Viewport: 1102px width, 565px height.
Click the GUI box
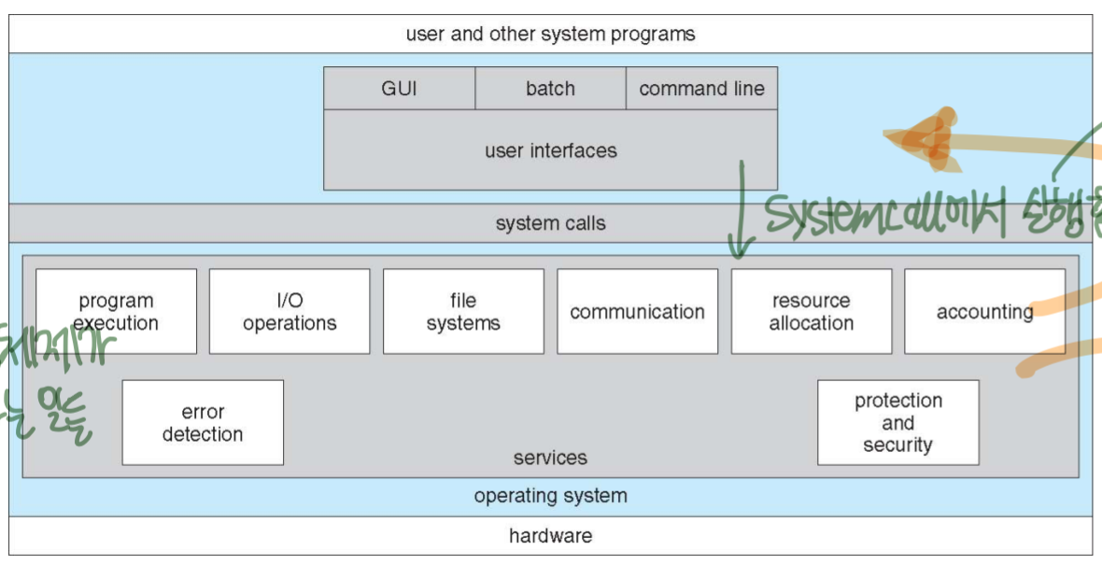(x=399, y=89)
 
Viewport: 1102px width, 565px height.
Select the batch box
(x=550, y=89)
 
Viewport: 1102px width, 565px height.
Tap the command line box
(x=701, y=89)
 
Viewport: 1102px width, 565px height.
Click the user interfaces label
(x=550, y=150)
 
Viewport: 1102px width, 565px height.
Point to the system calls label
(x=550, y=223)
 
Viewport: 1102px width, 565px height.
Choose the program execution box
(x=116, y=312)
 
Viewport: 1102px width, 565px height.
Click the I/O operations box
(x=290, y=312)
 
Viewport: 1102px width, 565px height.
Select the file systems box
(x=463, y=312)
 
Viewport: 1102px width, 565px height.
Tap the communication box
(x=637, y=312)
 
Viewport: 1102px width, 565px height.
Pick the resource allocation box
(x=811, y=312)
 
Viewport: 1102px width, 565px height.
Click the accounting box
(x=984, y=312)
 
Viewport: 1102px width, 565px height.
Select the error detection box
(x=203, y=423)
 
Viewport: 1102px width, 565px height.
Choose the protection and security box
(x=897, y=423)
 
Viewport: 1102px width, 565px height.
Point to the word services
(x=550, y=458)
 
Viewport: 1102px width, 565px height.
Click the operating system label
(x=550, y=496)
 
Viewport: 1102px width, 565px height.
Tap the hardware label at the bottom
(x=550, y=536)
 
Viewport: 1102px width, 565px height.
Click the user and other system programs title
(x=550, y=35)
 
